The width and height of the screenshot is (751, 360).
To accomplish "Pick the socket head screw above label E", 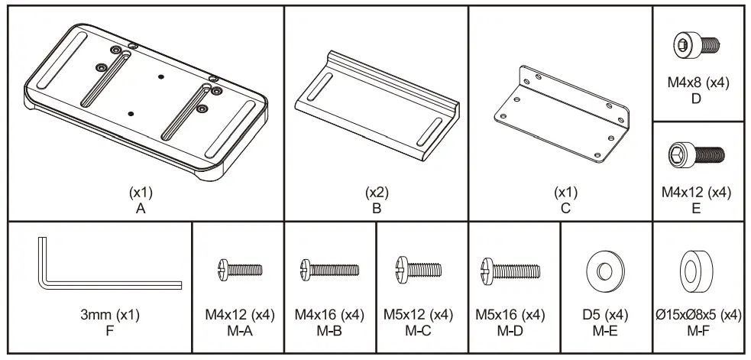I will [x=696, y=155].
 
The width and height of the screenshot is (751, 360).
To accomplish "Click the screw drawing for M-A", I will [x=238, y=269].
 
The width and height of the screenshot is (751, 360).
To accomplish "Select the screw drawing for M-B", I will [x=329, y=269].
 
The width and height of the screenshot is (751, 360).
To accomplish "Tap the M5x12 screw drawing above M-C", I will [x=419, y=269].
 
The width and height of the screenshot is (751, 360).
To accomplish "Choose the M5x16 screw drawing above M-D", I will [x=510, y=269].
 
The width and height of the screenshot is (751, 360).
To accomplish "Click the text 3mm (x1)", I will [x=109, y=315].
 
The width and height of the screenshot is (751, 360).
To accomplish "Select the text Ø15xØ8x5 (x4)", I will [x=697, y=315].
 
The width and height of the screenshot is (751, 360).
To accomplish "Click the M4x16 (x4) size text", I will [x=329, y=315].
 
